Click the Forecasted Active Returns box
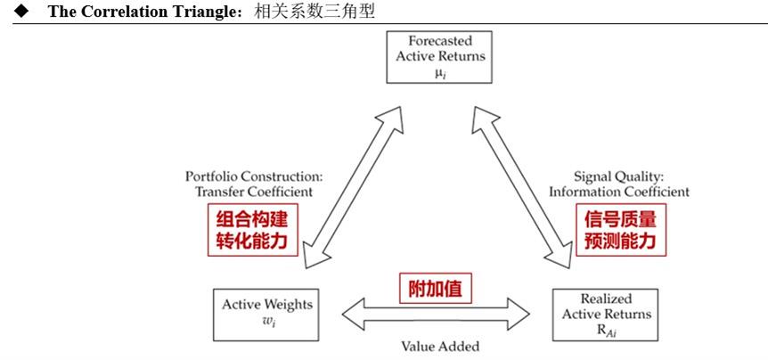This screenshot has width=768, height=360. point(440,55)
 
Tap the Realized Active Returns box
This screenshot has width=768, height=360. point(604,314)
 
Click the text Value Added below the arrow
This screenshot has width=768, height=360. point(439,346)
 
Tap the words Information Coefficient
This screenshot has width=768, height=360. point(618,191)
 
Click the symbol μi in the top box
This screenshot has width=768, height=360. point(440,73)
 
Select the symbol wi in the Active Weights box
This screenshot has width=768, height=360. point(268,321)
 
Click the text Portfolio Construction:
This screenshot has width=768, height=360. point(249,176)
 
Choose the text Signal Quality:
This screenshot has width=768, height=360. point(619,176)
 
